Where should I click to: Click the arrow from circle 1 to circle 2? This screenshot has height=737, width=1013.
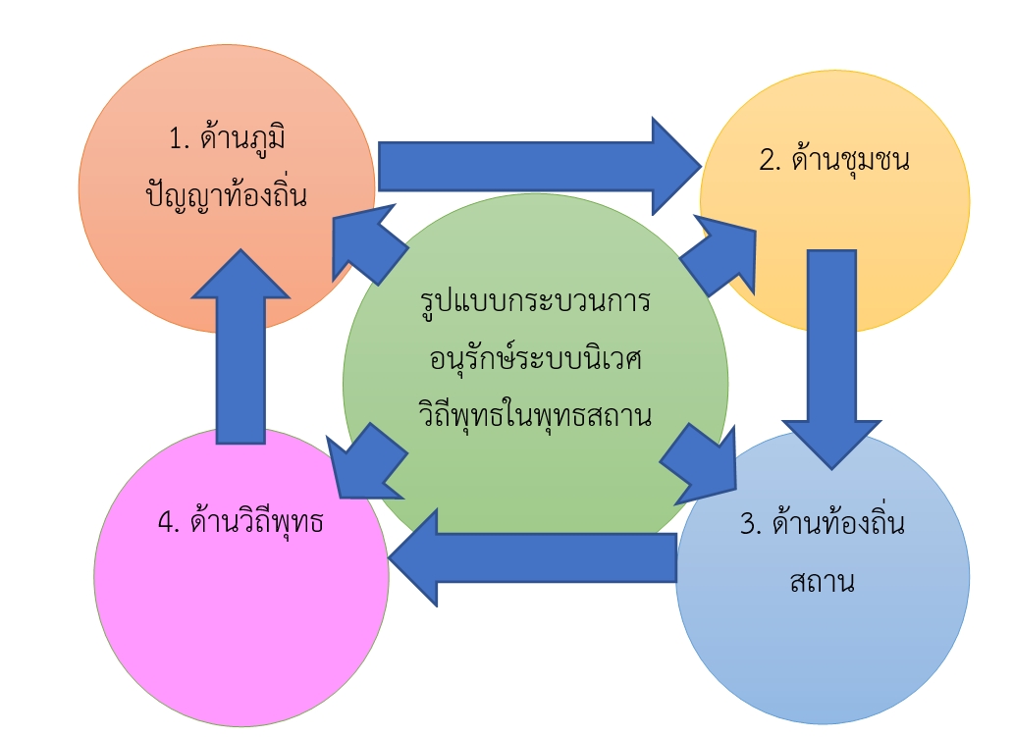[540, 167]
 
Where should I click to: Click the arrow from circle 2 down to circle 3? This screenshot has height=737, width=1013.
[831, 359]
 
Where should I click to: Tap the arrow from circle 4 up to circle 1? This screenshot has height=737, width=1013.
[240, 346]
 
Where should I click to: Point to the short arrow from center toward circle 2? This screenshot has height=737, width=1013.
[718, 256]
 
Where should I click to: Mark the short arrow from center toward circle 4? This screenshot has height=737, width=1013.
[367, 461]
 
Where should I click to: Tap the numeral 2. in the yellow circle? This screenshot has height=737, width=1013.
[771, 160]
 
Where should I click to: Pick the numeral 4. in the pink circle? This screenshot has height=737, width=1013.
[169, 522]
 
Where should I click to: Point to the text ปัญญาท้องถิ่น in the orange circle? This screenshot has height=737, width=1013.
[226, 193]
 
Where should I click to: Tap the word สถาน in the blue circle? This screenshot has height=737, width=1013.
[822, 581]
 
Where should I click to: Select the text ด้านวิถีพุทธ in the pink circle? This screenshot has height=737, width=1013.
[256, 521]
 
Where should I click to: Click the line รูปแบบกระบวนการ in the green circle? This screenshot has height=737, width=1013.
[535, 302]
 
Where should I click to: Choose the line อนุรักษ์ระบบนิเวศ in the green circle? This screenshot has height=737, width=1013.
[536, 357]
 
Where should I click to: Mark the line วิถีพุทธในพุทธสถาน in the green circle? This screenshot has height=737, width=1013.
[535, 413]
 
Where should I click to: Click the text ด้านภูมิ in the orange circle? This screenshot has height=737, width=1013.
[242, 137]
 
